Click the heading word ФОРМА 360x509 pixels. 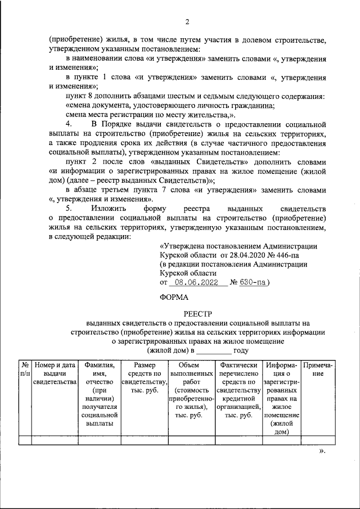[176, 296]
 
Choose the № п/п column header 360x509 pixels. [25, 369]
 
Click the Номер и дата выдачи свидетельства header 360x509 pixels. [55, 373]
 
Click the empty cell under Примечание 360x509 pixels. [318, 440]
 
